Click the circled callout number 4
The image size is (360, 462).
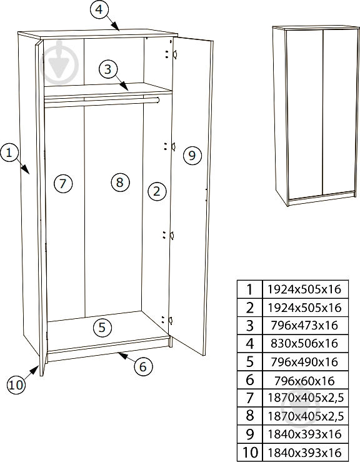(99, 9)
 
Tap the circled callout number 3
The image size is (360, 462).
(108, 69)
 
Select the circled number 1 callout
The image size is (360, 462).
(10, 153)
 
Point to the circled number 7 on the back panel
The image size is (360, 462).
(63, 184)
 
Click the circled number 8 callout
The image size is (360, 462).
(120, 182)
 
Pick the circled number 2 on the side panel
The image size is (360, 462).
(157, 191)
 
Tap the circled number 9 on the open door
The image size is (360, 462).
(192, 155)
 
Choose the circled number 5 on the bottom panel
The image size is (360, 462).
(102, 328)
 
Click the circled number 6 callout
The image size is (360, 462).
(143, 367)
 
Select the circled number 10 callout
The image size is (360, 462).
(16, 385)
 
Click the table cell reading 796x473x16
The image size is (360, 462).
(304, 325)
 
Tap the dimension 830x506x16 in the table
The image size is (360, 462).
(304, 344)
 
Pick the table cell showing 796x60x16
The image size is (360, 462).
(304, 381)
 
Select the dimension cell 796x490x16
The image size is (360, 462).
(304, 362)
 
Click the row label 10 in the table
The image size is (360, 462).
(250, 452)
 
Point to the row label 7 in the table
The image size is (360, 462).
(250, 398)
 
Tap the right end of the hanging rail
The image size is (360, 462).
(158, 100)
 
